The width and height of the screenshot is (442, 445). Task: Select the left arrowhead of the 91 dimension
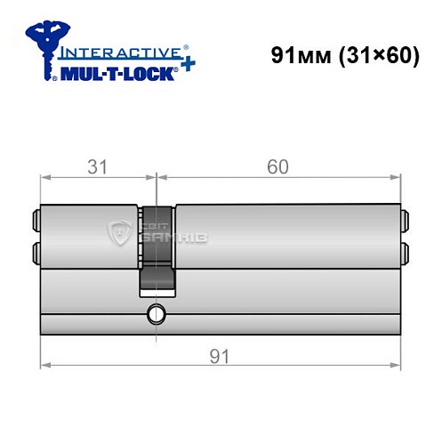click(45, 365)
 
